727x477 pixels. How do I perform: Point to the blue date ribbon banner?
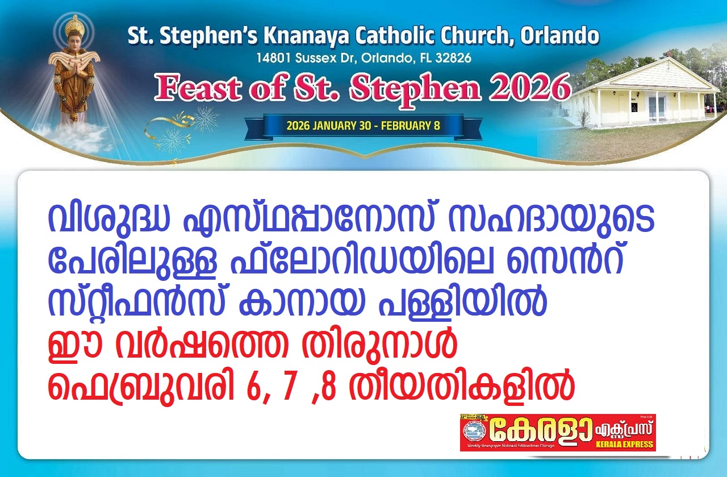[363, 126]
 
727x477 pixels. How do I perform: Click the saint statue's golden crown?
[74, 26]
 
